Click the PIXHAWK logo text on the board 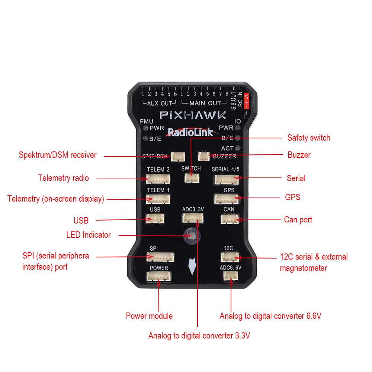[193, 115]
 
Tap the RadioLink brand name [190, 132]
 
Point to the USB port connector [155, 219]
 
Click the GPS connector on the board [227, 199]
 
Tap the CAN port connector [229, 219]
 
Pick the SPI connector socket [160, 257]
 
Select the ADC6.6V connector [231, 276]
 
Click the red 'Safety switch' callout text [309, 138]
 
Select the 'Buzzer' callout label [299, 155]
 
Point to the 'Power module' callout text [149, 316]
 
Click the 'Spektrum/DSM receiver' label [58, 155]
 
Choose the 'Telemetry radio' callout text [63, 178]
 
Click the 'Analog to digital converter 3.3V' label [199, 336]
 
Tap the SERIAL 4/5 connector [226, 179]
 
